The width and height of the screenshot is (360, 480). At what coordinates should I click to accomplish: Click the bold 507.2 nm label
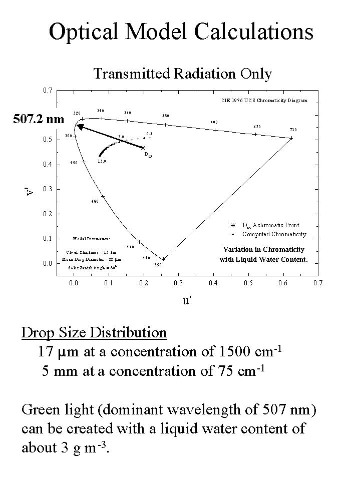tap(39, 119)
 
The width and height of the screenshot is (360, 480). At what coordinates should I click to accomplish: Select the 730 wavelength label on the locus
tap(293, 130)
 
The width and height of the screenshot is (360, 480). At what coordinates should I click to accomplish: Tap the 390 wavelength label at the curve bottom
tap(157, 265)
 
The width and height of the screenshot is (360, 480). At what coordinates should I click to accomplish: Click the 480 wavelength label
tap(95, 201)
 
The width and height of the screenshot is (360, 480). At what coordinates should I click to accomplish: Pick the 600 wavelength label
tap(214, 122)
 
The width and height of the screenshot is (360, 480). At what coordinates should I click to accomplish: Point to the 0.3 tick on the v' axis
tap(47, 189)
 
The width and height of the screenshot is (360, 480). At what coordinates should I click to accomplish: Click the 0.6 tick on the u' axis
tap(283, 283)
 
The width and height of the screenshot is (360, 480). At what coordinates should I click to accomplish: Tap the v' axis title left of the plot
tap(31, 190)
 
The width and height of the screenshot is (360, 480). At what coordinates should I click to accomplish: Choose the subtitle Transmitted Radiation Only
tap(182, 74)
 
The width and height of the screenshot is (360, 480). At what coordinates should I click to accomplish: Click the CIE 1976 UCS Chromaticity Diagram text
tap(264, 100)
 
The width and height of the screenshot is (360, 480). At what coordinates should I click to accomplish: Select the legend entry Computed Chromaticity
tap(274, 234)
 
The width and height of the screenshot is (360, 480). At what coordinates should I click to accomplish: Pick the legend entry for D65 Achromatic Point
tap(270, 225)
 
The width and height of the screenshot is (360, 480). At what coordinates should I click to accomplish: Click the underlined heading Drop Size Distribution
tap(94, 332)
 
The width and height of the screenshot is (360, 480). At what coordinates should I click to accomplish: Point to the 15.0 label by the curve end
tap(102, 162)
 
